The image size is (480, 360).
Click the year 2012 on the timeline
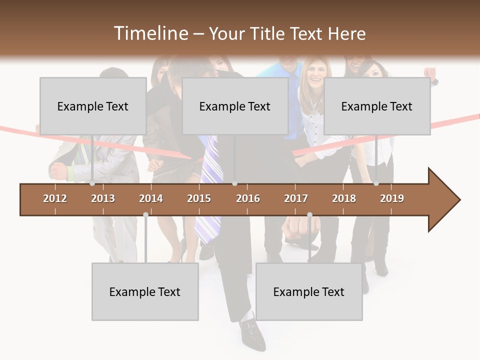tap(55, 198)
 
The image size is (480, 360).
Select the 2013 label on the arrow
tap(103, 198)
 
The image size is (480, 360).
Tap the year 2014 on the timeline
tap(151, 198)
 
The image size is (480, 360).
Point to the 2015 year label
tap(199, 198)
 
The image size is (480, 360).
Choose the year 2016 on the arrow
tap(248, 198)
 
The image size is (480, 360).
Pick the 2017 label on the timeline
tap(296, 198)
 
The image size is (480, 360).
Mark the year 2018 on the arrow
tap(344, 198)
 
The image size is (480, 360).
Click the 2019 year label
tap(392, 198)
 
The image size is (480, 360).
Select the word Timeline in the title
tap(150, 33)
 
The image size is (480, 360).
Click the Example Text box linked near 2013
tap(93, 106)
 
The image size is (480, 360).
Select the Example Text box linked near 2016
tap(235, 106)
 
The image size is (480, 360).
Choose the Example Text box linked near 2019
tap(377, 106)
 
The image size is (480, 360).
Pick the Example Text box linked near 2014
tap(145, 291)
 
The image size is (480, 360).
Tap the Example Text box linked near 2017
tap(309, 291)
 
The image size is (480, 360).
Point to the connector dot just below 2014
tap(145, 214)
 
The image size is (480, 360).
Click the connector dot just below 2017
tap(309, 214)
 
